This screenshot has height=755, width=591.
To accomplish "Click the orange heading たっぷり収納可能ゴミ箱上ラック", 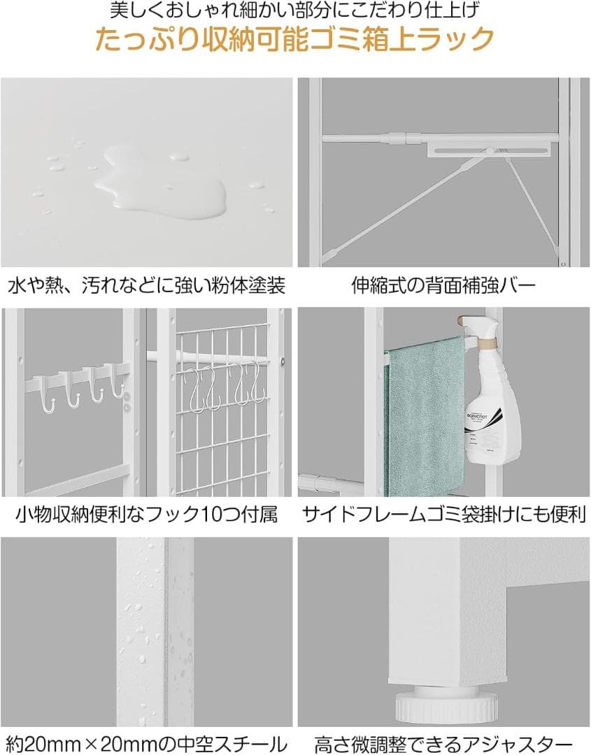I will [294, 39].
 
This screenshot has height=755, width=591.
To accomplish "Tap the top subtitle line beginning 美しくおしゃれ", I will [295, 11].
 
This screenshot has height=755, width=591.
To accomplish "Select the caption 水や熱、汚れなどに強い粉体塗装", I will [147, 286].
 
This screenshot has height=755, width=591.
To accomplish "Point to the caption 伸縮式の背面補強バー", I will [443, 286].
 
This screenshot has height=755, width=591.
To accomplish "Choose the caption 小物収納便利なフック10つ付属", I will [147, 515].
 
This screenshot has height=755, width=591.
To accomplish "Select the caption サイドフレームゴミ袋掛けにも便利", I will [443, 515].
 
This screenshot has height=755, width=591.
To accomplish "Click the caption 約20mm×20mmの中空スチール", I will [147, 742].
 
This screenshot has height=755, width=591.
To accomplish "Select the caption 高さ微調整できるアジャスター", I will [443, 742].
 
